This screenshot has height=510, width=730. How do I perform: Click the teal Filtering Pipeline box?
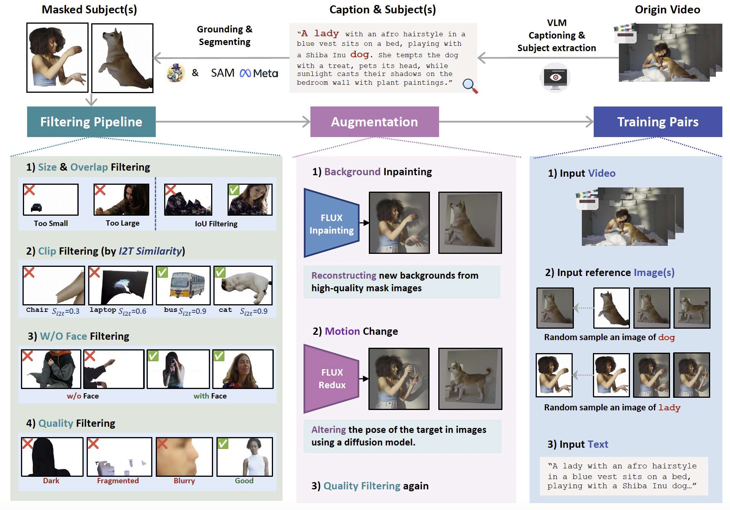coord(91,122)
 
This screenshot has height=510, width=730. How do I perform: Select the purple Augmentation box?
coord(375,122)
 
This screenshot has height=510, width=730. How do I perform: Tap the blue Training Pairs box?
coord(658,122)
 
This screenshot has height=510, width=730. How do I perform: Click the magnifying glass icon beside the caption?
coord(470,86)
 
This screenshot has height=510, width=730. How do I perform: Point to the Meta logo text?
coord(259,73)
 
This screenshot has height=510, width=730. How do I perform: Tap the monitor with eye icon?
coord(556,78)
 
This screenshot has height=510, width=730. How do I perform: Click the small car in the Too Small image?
coord(36,207)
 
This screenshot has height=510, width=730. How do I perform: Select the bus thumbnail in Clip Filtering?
coord(183,285)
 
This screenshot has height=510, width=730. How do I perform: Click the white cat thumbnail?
coord(243,285)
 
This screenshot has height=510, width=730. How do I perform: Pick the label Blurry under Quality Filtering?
coord(184,481)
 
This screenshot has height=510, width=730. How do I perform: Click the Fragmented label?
coord(118,481)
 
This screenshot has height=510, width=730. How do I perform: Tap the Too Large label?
coord(123,223)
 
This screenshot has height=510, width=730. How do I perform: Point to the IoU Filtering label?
coord(216,224)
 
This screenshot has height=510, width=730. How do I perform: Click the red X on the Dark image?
coord(27,444)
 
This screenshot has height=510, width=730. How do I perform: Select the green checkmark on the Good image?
coord(223,444)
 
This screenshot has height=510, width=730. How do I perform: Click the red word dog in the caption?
coord(360,55)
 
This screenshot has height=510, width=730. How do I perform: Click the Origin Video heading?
coord(667,10)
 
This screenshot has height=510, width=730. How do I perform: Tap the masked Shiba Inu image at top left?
coord(122,58)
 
